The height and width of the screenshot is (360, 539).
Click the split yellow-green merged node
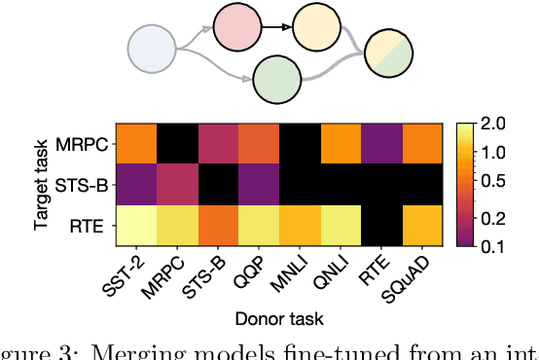pos(388,61)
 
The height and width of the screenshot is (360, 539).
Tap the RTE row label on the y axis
pos(93,226)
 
